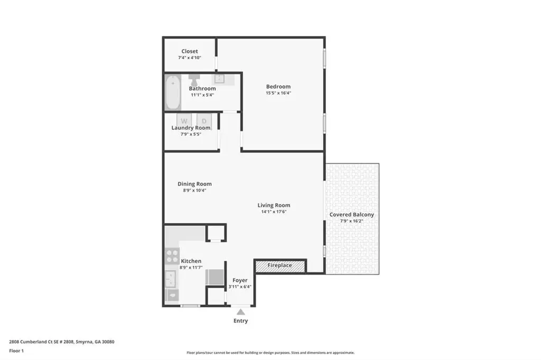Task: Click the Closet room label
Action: [190, 51]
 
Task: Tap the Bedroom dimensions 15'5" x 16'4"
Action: [278, 93]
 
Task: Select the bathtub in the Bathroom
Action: [173, 92]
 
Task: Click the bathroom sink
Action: [219, 79]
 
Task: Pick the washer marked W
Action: [184, 121]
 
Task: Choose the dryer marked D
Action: [204, 121]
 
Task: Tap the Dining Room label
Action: [194, 184]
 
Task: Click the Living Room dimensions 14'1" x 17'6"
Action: [274, 212]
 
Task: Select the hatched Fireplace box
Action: [280, 266]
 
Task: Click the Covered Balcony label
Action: [351, 214]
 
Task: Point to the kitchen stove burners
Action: [172, 256]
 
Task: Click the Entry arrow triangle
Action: [241, 312]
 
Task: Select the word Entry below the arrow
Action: [241, 321]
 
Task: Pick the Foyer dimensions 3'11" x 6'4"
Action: [240, 287]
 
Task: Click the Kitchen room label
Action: [191, 261]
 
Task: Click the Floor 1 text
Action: [16, 351]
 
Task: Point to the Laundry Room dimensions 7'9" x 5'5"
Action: [191, 134]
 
